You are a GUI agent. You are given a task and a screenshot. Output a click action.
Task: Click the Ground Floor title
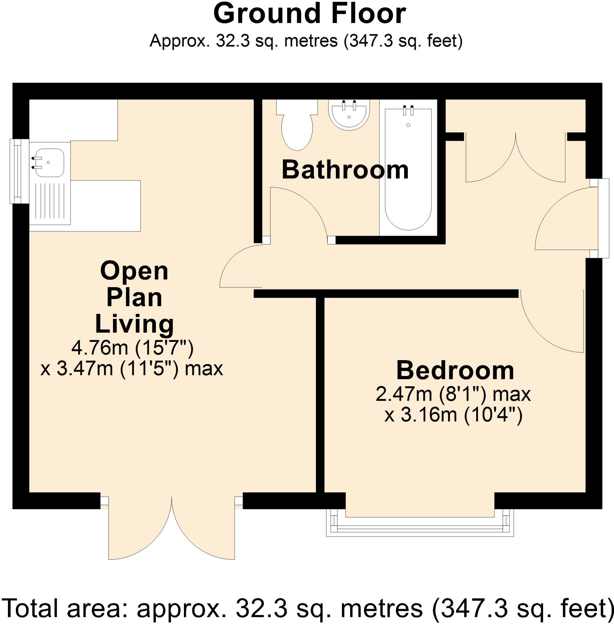(309, 15)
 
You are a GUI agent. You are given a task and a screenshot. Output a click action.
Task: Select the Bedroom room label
(455, 370)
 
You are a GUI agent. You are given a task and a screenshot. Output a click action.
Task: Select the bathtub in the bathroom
(408, 171)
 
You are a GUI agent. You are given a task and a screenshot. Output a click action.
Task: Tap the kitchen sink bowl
(49, 163)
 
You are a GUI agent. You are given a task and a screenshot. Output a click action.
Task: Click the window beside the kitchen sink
(15, 171)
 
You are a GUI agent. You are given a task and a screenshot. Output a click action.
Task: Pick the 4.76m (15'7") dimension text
(132, 348)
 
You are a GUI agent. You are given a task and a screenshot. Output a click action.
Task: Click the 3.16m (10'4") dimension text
(453, 415)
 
